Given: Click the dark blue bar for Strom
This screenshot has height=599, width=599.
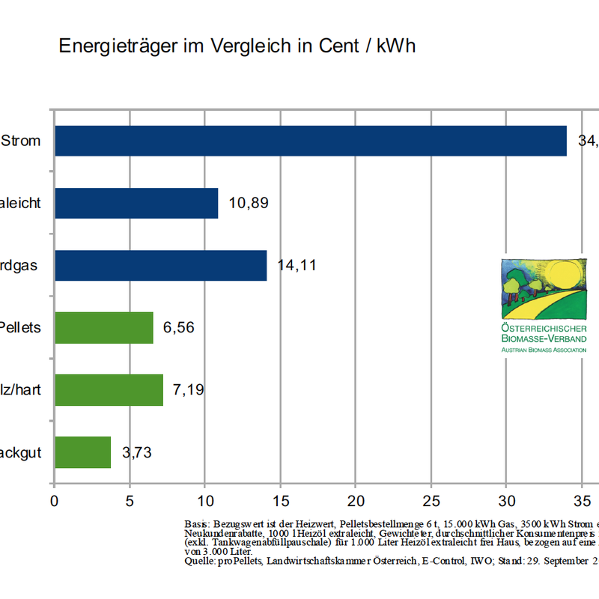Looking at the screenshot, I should (x=311, y=141).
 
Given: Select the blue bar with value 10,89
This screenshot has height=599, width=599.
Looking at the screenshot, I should (x=136, y=203).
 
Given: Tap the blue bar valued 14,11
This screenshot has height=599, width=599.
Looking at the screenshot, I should (x=160, y=265).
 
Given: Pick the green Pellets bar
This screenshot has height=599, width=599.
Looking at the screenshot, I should (x=104, y=328).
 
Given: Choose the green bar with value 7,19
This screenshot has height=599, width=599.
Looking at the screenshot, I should (x=109, y=390).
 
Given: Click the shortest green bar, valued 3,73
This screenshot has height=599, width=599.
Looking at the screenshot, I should (x=82, y=452).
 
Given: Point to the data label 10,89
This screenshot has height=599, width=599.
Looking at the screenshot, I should (x=249, y=203).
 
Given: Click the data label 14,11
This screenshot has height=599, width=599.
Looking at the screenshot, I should (x=297, y=265).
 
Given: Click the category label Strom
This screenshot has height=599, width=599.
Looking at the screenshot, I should (x=21, y=141).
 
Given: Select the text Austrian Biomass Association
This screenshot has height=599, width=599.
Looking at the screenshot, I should (x=544, y=350).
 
